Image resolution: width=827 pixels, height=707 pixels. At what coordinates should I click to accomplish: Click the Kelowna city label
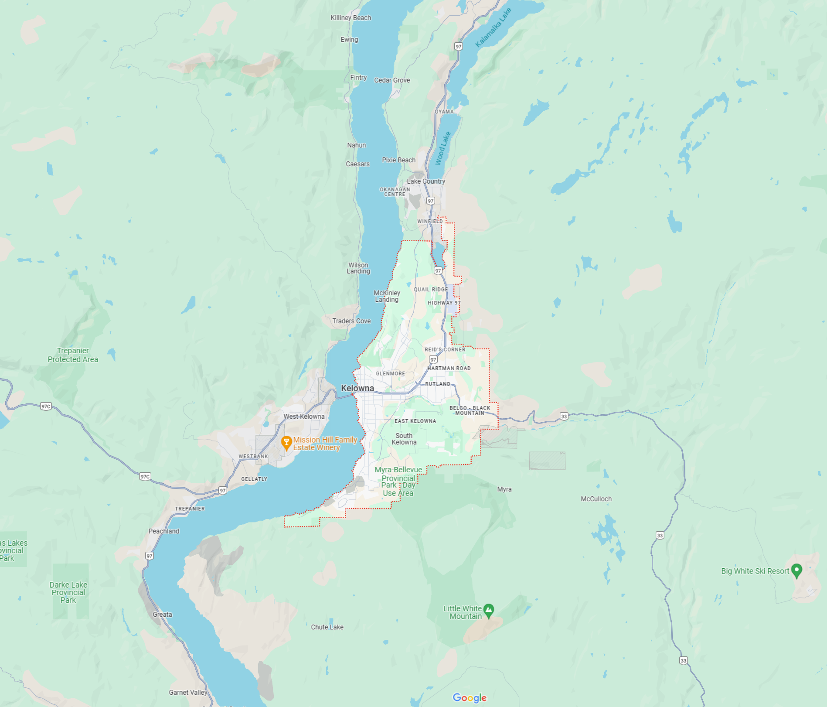(357, 388)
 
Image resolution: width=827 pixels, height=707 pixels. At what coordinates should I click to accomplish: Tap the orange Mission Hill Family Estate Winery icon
(286, 443)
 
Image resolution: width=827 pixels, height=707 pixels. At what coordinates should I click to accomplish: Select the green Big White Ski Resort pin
(796, 570)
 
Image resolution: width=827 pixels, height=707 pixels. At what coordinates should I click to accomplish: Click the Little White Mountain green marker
(489, 610)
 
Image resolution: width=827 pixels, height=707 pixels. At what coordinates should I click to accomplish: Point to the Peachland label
(163, 531)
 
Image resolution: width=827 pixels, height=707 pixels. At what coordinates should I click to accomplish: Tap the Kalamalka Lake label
(493, 28)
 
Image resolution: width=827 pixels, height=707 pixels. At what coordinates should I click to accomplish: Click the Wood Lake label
(442, 149)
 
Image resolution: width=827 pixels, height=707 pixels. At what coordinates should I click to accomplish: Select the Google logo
(470, 698)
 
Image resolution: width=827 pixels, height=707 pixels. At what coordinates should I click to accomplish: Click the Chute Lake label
(327, 627)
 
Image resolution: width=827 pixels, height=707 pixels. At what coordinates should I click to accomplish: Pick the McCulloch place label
(596, 499)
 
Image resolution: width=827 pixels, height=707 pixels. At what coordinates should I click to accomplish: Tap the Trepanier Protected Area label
(73, 355)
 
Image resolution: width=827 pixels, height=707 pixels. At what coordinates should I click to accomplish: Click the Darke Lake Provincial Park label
(68, 592)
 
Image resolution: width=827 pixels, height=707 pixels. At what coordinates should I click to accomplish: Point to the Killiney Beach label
(351, 18)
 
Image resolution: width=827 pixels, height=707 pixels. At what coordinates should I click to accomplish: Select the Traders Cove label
(351, 321)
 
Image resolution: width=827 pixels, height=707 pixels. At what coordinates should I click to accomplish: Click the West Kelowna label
(304, 417)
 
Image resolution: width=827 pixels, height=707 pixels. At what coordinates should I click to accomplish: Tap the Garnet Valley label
(188, 692)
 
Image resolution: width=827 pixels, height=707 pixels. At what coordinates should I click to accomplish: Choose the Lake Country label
(426, 181)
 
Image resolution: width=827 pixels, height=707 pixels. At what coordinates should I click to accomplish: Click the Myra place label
(504, 489)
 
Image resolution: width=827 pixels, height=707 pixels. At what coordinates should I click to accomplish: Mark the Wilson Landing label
(358, 268)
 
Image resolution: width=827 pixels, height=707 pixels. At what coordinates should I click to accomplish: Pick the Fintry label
(358, 78)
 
